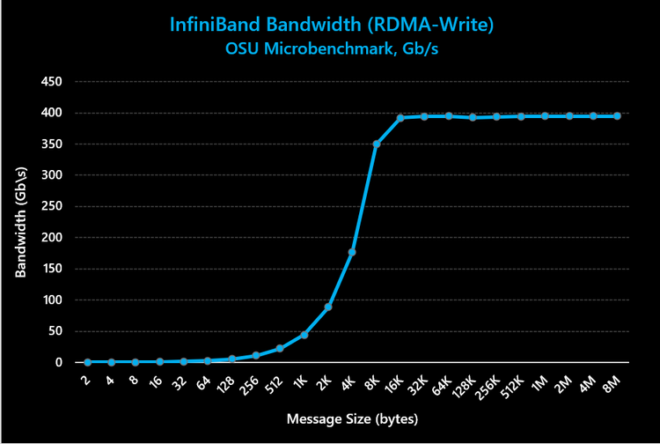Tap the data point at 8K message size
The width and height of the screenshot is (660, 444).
point(376,144)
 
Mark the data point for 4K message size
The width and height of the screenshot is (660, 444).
point(352,252)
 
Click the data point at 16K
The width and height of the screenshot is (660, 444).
point(400,118)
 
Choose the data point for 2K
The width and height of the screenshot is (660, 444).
point(328,307)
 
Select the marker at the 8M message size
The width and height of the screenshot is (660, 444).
point(617,116)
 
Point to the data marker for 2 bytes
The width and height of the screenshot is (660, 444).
point(88,362)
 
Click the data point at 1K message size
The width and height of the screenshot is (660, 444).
point(304,335)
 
